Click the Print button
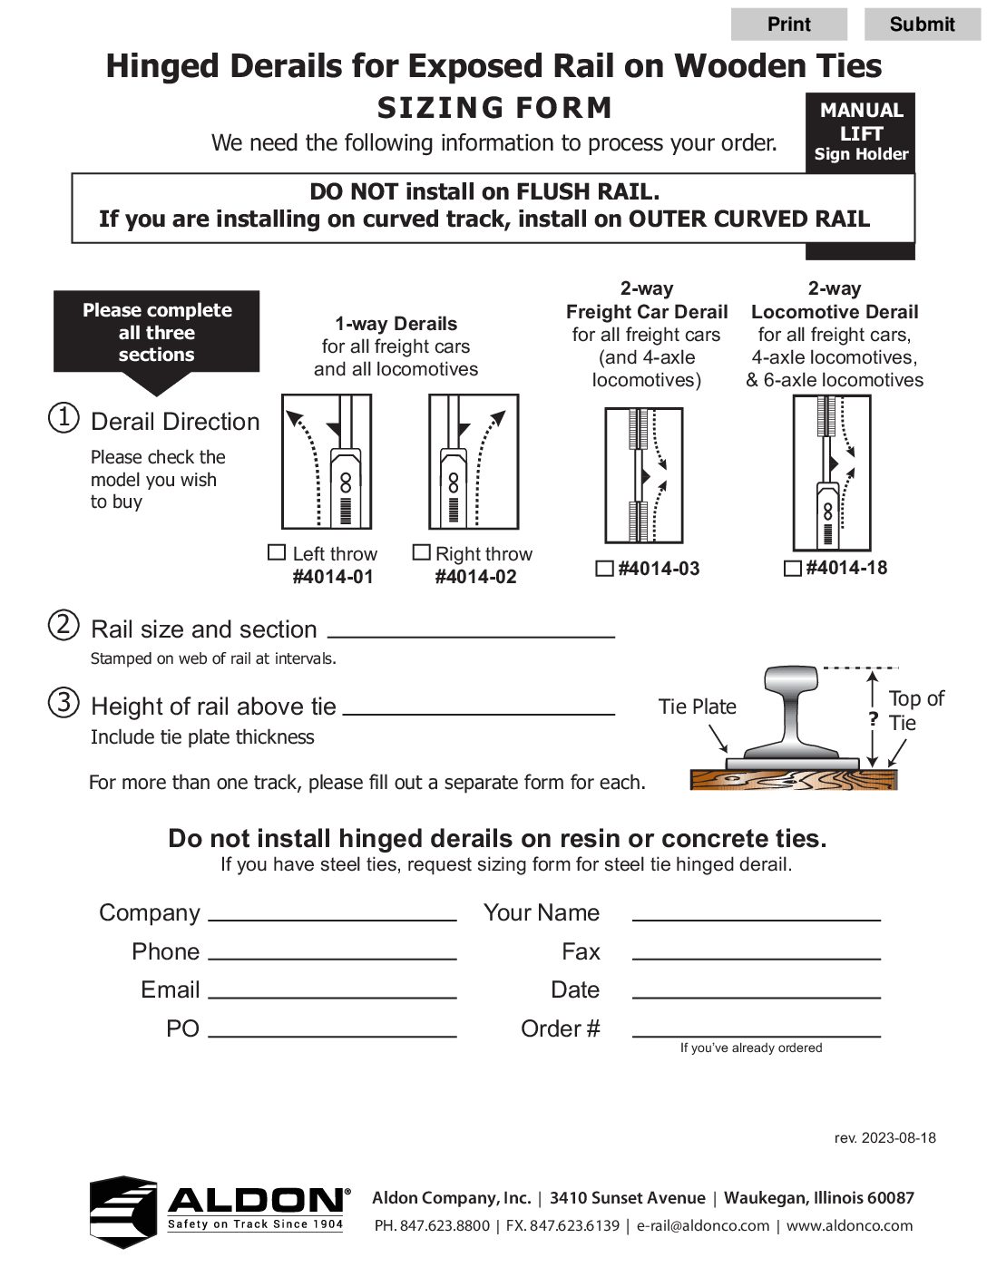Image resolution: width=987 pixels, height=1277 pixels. point(788,24)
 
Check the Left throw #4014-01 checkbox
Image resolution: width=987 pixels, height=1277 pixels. point(278,552)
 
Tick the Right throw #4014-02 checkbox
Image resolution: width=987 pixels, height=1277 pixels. point(421,552)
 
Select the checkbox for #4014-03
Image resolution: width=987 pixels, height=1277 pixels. point(604,569)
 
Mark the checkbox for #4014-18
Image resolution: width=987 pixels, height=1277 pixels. point(792,568)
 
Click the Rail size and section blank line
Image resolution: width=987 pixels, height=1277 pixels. point(470,629)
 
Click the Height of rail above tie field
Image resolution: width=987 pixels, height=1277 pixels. point(478,707)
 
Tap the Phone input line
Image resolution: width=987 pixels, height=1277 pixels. point(332,951)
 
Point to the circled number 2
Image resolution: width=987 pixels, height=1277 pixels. point(64,625)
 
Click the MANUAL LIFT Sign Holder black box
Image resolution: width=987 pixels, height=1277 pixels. point(860,132)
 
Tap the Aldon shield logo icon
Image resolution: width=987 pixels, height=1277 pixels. point(123,1212)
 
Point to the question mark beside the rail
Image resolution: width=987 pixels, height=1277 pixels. point(873,719)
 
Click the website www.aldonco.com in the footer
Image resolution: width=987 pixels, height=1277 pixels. point(849,1225)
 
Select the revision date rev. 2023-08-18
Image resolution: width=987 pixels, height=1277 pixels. point(884,1137)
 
